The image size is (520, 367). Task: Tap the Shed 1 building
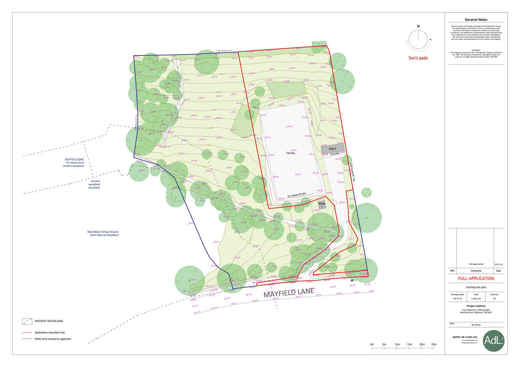322,205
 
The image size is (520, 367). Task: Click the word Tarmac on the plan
290,154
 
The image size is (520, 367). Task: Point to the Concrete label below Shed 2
334,154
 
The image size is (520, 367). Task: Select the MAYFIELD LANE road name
289,293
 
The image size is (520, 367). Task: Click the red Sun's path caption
418,58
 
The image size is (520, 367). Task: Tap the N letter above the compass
418,26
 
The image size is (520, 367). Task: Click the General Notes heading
476,19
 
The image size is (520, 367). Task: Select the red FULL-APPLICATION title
476,278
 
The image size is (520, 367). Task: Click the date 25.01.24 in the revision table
498,264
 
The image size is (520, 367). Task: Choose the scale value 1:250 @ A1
476,299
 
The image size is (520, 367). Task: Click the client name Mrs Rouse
476,325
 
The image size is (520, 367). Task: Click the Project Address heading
476,306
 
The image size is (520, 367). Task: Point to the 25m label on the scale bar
434,344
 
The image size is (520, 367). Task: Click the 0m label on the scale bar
372,344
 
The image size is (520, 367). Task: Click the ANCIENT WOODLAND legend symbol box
28,321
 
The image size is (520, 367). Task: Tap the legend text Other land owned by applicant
53,339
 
